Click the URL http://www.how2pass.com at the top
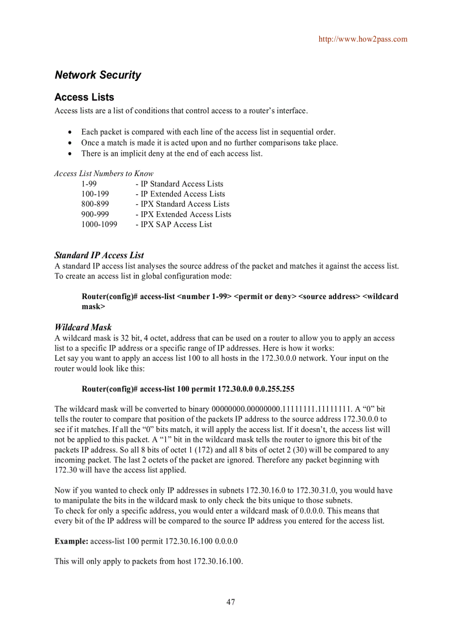[x=362, y=39]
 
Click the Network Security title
[x=98, y=75]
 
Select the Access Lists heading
[x=84, y=97]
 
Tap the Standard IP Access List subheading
[x=99, y=255]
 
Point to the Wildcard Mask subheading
[x=83, y=327]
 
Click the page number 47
[x=230, y=602]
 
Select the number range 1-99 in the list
[x=89, y=184]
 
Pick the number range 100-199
[x=95, y=194]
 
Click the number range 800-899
[x=95, y=204]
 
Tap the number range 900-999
[x=95, y=215]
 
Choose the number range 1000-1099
[x=99, y=225]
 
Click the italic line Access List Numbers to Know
[x=104, y=174]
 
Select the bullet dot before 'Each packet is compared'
[x=70, y=133]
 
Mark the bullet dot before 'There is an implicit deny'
[x=70, y=154]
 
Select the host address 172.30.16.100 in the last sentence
[x=218, y=562]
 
